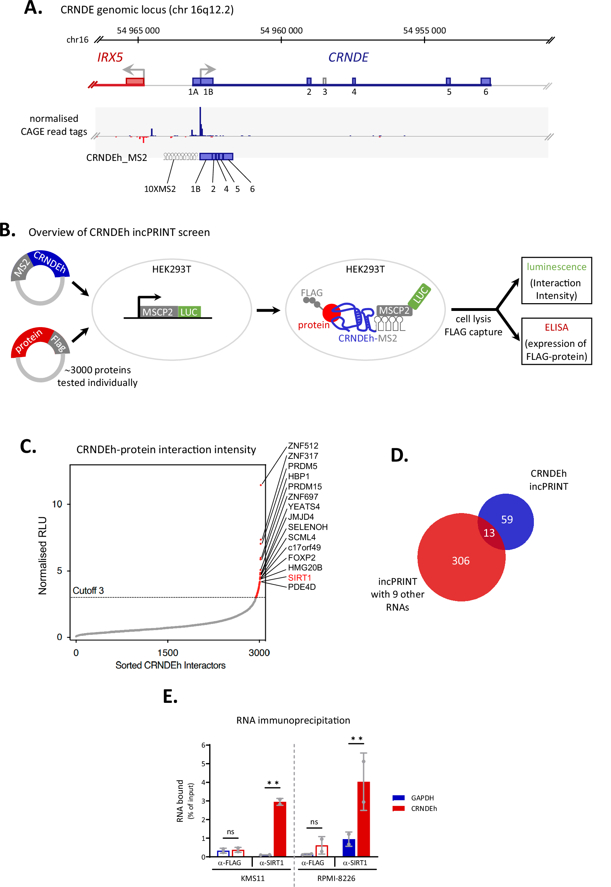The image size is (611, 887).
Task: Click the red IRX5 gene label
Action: [x=110, y=57]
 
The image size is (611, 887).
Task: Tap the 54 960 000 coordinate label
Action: [x=281, y=31]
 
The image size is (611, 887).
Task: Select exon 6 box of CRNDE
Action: [x=485, y=81]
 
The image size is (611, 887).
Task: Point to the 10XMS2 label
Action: [x=160, y=189]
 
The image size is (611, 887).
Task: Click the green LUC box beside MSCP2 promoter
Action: [x=189, y=312]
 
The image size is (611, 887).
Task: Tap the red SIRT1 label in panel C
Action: [x=299, y=578]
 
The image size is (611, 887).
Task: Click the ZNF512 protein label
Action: [x=303, y=445]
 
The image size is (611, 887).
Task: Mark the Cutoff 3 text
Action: [x=88, y=590]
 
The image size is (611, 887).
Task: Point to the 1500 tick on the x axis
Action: [x=168, y=653]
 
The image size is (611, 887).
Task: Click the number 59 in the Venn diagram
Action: [x=506, y=519]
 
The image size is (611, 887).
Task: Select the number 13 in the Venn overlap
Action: [x=489, y=533]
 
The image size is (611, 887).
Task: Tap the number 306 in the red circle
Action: [x=460, y=561]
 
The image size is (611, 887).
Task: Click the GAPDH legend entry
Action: [x=422, y=798]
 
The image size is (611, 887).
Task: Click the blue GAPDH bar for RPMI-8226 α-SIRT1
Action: [x=348, y=848]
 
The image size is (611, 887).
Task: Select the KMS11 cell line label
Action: [x=252, y=878]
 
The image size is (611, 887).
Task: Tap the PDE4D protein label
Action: [x=302, y=587]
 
